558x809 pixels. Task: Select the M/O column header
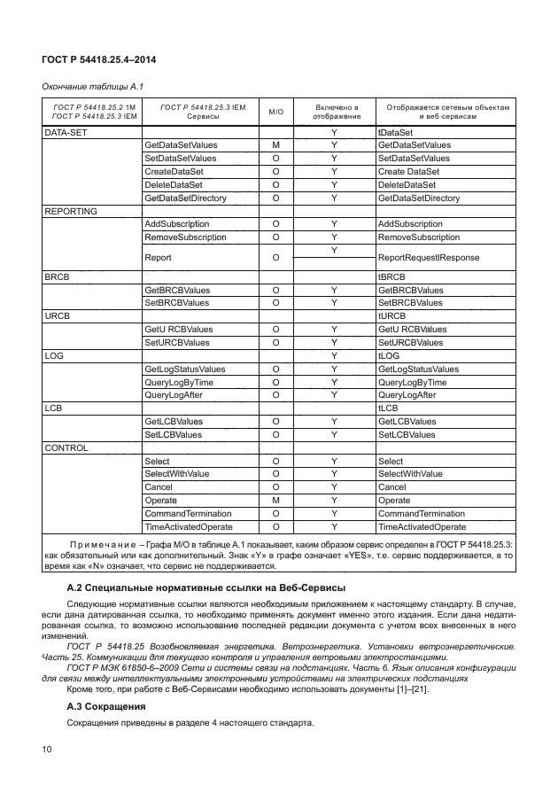275,112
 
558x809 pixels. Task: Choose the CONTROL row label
66,448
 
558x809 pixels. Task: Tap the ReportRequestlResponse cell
429,258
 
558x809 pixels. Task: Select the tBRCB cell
391,277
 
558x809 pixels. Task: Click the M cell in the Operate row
275,501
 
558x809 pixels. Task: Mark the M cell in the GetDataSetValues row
275,145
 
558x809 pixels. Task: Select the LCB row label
55,408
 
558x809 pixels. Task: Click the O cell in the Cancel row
275,487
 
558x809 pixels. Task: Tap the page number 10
47,750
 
